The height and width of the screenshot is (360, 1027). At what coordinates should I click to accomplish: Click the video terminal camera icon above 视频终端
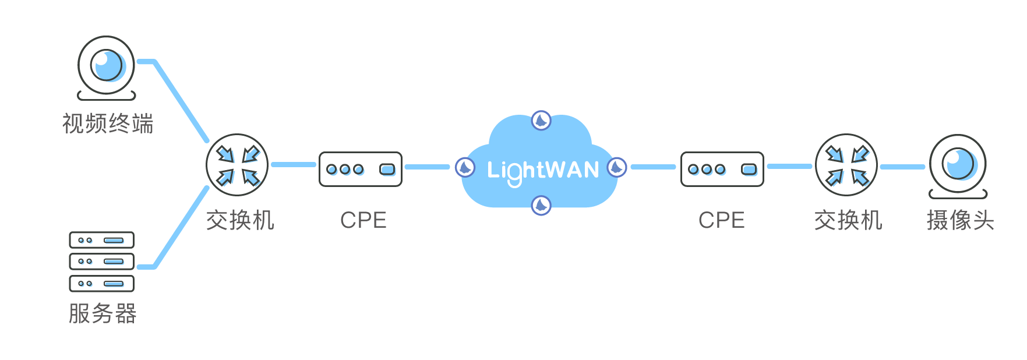[x=107, y=65]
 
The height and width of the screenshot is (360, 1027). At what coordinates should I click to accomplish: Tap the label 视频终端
[x=108, y=124]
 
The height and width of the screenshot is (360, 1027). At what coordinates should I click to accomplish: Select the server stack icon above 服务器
[x=102, y=262]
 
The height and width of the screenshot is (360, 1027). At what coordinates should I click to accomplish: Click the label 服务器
[x=103, y=314]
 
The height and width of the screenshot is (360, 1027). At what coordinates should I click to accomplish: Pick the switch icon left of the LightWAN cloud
[x=237, y=165]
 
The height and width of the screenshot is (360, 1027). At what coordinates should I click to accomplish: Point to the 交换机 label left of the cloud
[x=240, y=221]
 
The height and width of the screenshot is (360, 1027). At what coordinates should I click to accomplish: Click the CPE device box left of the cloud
[x=361, y=169]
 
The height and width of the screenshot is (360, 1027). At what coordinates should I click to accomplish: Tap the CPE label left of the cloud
[x=363, y=220]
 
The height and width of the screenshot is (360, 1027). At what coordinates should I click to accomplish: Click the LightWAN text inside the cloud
[x=543, y=171]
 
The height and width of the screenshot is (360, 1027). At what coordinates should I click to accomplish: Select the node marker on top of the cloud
[x=541, y=121]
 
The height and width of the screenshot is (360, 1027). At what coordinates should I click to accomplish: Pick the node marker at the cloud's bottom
[x=541, y=205]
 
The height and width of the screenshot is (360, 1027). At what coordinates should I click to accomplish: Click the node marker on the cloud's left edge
[x=465, y=168]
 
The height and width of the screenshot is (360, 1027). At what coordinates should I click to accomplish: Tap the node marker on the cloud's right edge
[x=617, y=168]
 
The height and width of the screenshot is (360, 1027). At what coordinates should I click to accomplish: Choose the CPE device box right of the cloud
[x=722, y=169]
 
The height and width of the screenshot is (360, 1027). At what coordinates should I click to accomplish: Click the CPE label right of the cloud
[x=722, y=220]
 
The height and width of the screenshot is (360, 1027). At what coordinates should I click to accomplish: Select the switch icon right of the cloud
[x=846, y=165]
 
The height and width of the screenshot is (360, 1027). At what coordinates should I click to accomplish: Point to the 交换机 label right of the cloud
[x=848, y=221]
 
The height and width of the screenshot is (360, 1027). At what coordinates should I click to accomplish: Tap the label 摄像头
[x=961, y=221]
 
